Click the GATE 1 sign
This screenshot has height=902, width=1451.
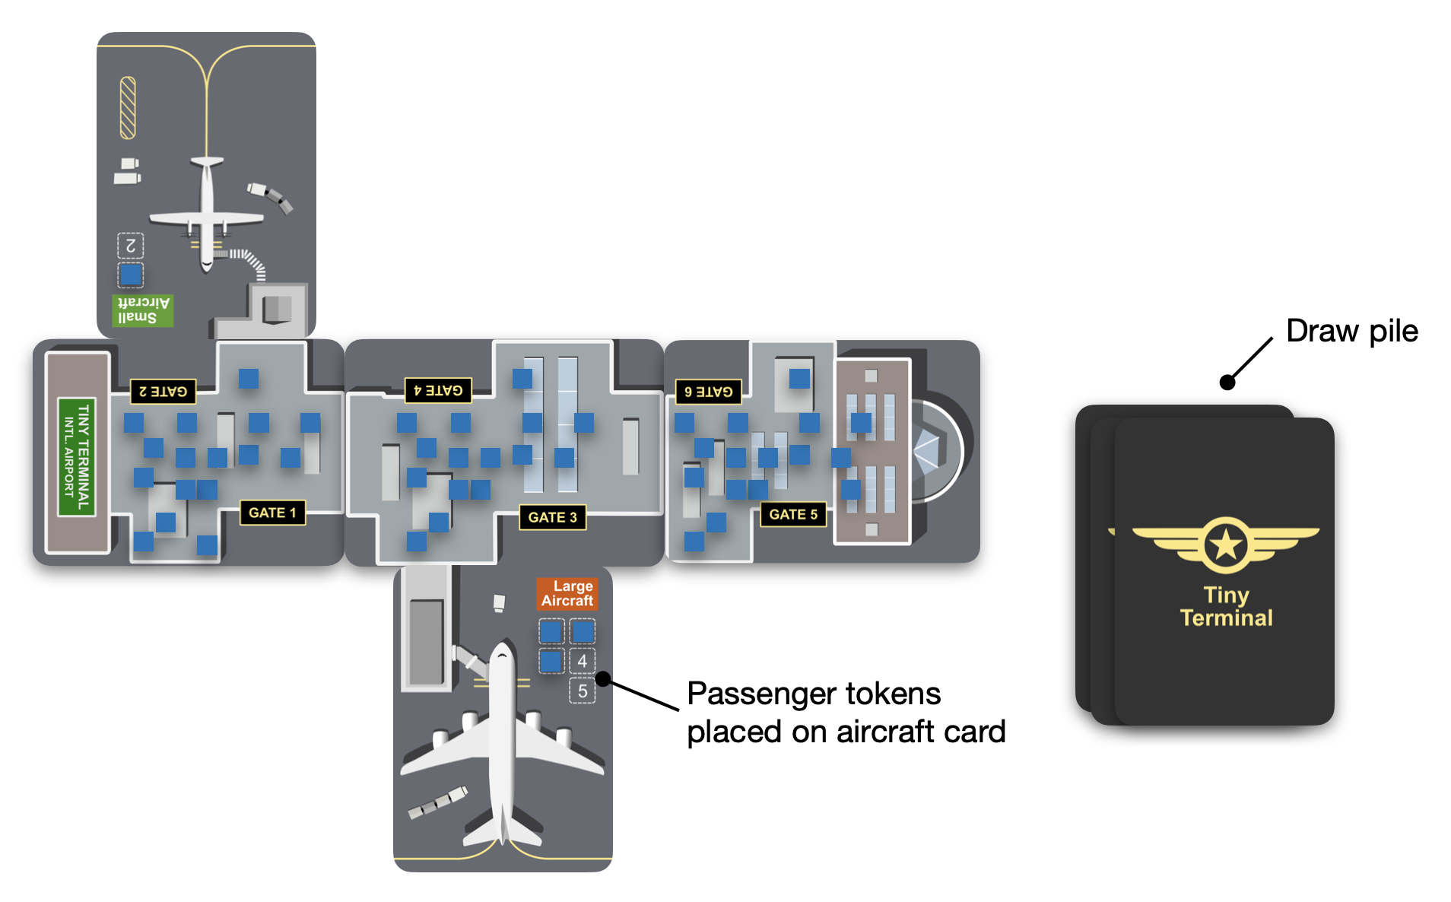point(271,513)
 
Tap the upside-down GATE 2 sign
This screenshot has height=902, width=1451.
point(163,392)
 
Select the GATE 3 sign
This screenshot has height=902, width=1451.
point(552,517)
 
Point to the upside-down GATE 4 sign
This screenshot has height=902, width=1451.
point(438,390)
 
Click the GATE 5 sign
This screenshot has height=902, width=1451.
point(793,514)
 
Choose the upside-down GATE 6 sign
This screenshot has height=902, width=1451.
point(708,392)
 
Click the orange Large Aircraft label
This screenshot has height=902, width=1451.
point(567,593)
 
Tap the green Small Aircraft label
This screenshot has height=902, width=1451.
point(142,310)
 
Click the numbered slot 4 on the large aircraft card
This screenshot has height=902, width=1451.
point(582,661)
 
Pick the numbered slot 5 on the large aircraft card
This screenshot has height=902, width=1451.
point(582,691)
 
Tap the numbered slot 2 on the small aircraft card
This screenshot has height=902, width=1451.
point(131,246)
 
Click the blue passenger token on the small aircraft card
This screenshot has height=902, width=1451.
point(131,274)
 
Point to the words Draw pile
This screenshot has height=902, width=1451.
point(1351,331)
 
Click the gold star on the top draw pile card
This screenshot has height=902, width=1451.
point(1225,545)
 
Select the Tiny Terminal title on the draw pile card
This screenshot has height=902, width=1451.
point(1225,606)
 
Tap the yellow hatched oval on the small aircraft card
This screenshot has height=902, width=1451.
point(128,108)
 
